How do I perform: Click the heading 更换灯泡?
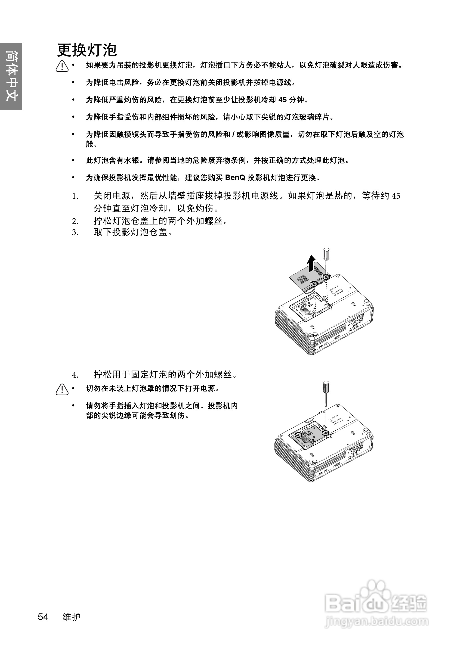87,50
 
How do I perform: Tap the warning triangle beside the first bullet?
62,66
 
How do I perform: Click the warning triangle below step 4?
62,390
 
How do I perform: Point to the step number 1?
75,196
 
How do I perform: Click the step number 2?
75,222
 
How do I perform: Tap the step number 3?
75,233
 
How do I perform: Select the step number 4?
75,375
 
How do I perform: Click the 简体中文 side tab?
11,76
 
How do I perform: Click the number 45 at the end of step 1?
396,196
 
